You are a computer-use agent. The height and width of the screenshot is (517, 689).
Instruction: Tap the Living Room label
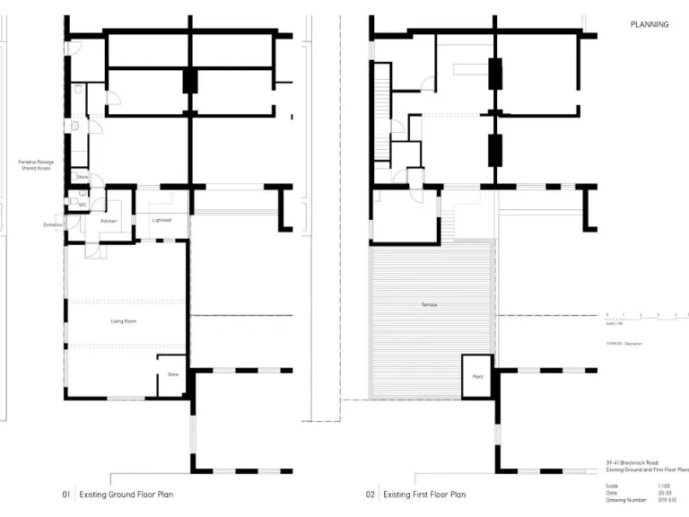123,320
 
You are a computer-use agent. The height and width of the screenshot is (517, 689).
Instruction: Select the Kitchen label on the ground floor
109,220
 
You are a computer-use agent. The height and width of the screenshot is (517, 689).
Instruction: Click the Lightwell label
161,220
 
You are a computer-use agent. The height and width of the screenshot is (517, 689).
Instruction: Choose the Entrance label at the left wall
52,225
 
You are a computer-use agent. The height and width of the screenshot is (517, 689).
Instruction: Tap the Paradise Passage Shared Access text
37,164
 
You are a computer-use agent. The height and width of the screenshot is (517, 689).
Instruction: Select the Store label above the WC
82,178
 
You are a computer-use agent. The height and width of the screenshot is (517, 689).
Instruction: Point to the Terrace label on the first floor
429,305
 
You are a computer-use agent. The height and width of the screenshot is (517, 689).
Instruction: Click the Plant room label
477,377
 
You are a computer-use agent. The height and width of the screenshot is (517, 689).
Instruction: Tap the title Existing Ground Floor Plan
126,494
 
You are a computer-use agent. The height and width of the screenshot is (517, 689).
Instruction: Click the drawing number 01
65,494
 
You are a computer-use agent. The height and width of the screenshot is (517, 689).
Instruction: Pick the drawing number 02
370,494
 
